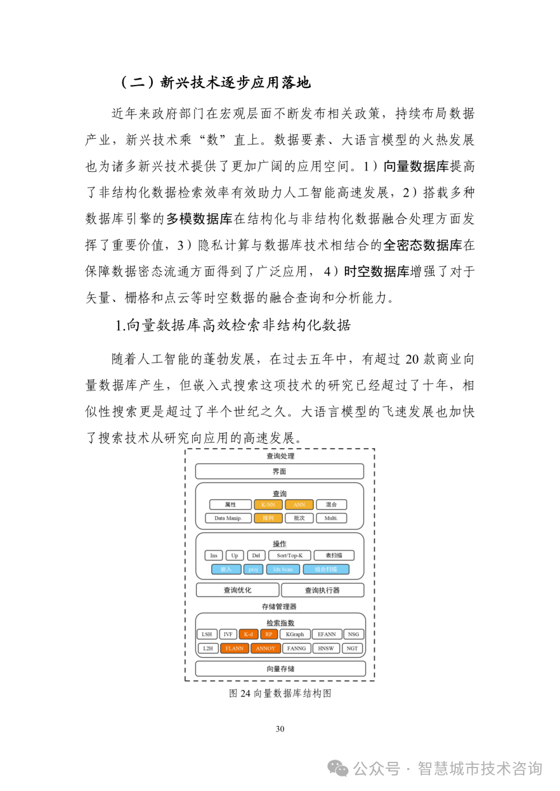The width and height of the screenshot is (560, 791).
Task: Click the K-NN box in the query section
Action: (268, 505)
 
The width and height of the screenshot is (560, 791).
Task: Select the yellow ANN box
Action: (299, 505)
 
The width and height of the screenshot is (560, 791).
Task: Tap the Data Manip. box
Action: (227, 518)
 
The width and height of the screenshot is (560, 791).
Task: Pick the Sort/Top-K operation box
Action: (290, 555)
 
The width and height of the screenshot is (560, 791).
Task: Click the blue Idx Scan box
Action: (283, 569)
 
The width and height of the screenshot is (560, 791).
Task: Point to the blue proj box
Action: (253, 569)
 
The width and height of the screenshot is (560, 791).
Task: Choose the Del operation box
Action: (256, 555)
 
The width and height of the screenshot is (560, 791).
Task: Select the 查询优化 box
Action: (237, 590)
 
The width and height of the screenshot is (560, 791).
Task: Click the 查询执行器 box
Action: (323, 590)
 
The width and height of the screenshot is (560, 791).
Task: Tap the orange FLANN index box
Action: (235, 648)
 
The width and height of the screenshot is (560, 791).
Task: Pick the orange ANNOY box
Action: (265, 648)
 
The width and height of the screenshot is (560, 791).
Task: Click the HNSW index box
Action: (326, 648)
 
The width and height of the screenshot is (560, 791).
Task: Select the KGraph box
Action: (295, 634)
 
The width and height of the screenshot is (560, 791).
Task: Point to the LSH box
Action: (207, 634)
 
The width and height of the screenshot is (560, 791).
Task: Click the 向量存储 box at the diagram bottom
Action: (280, 668)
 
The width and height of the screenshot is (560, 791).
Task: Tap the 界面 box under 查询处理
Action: (279, 472)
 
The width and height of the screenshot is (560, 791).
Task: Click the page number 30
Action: (280, 729)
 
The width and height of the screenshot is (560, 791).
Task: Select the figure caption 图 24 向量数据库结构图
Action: (280, 693)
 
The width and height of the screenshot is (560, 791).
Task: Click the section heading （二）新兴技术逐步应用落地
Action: (216, 83)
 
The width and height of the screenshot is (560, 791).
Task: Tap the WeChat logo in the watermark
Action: (338, 768)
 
